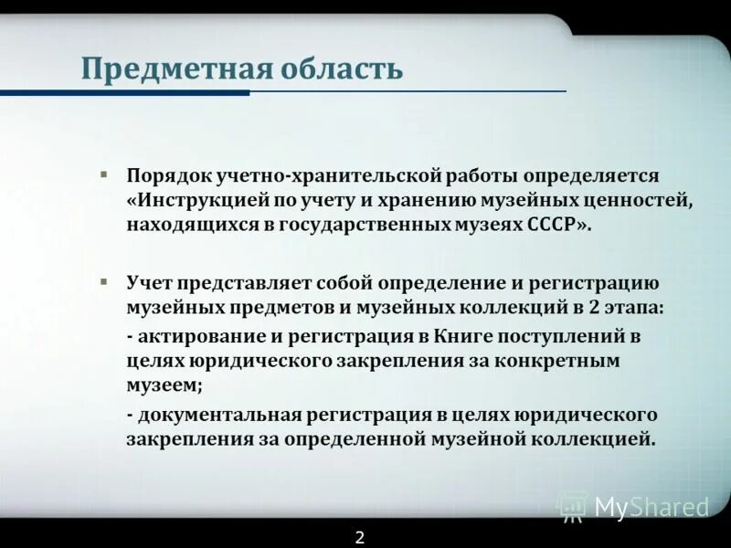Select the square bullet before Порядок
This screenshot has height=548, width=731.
click(104, 173)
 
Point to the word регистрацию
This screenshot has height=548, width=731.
click(601, 284)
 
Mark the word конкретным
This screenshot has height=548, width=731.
click(565, 361)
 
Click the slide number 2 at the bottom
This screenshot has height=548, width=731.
click(360, 537)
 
